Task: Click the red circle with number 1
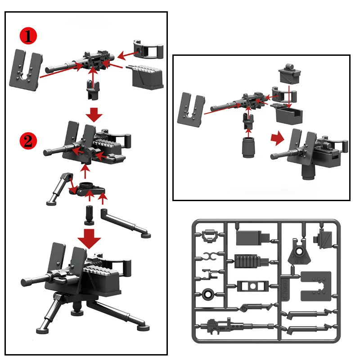click(28, 36)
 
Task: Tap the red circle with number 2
click(28, 141)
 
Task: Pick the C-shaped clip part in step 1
click(148, 49)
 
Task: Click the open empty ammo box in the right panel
click(288, 115)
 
